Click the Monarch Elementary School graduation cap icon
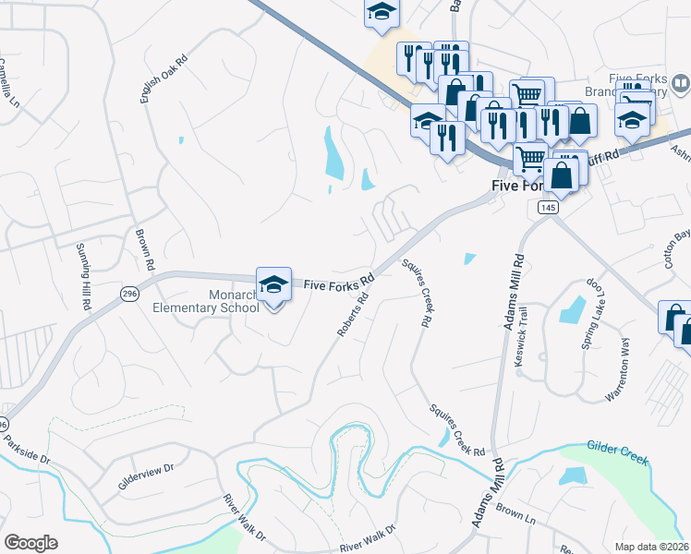[273, 284]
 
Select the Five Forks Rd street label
[340, 283]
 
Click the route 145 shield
[549, 210]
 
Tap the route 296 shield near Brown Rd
[128, 293]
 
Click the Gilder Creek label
[617, 453]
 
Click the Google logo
[31, 543]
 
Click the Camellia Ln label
[9, 82]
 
